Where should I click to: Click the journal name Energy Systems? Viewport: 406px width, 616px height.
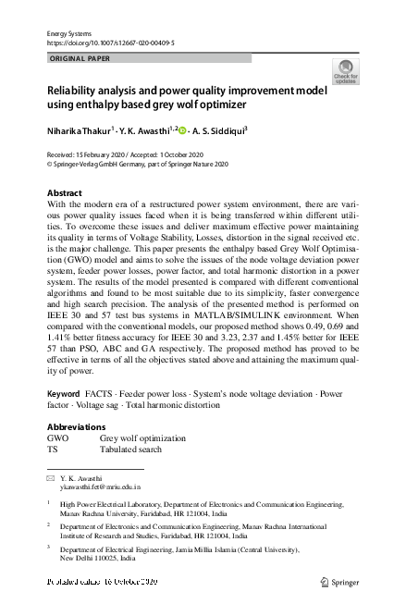[69, 33]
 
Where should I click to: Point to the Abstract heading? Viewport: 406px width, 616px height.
[64, 193]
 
